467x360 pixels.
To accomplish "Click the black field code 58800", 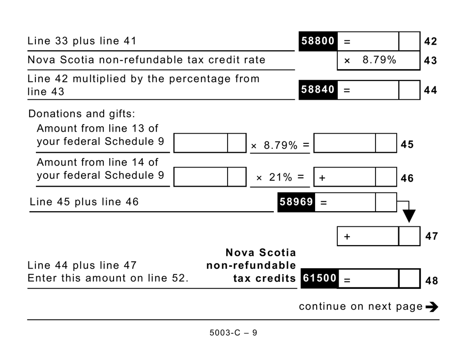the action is click(x=318, y=41).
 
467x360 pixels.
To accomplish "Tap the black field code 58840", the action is click(x=318, y=90).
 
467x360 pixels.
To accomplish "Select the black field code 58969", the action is click(x=296, y=202).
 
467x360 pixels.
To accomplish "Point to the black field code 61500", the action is click(x=319, y=278).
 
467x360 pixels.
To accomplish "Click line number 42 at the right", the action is click(x=430, y=42).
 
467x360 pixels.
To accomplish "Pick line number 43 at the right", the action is click(x=430, y=61).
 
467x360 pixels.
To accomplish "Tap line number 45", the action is click(x=407, y=145).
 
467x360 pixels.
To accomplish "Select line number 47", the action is click(x=431, y=236).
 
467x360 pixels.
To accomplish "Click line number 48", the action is click(x=431, y=280).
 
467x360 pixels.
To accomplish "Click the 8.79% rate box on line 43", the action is click(x=378, y=60).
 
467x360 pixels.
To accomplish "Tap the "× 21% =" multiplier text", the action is click(x=280, y=178).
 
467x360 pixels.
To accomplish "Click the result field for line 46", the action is click(x=354, y=177).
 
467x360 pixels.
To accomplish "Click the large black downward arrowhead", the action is click(x=409, y=216).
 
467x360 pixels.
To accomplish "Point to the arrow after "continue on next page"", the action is click(x=432, y=307).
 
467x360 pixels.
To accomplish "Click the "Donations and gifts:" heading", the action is click(x=81, y=114).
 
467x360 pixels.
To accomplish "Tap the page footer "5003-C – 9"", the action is click(x=233, y=333).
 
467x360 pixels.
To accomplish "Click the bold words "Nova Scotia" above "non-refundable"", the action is click(x=261, y=253).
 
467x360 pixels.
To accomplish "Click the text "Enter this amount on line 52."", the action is click(x=108, y=278).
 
